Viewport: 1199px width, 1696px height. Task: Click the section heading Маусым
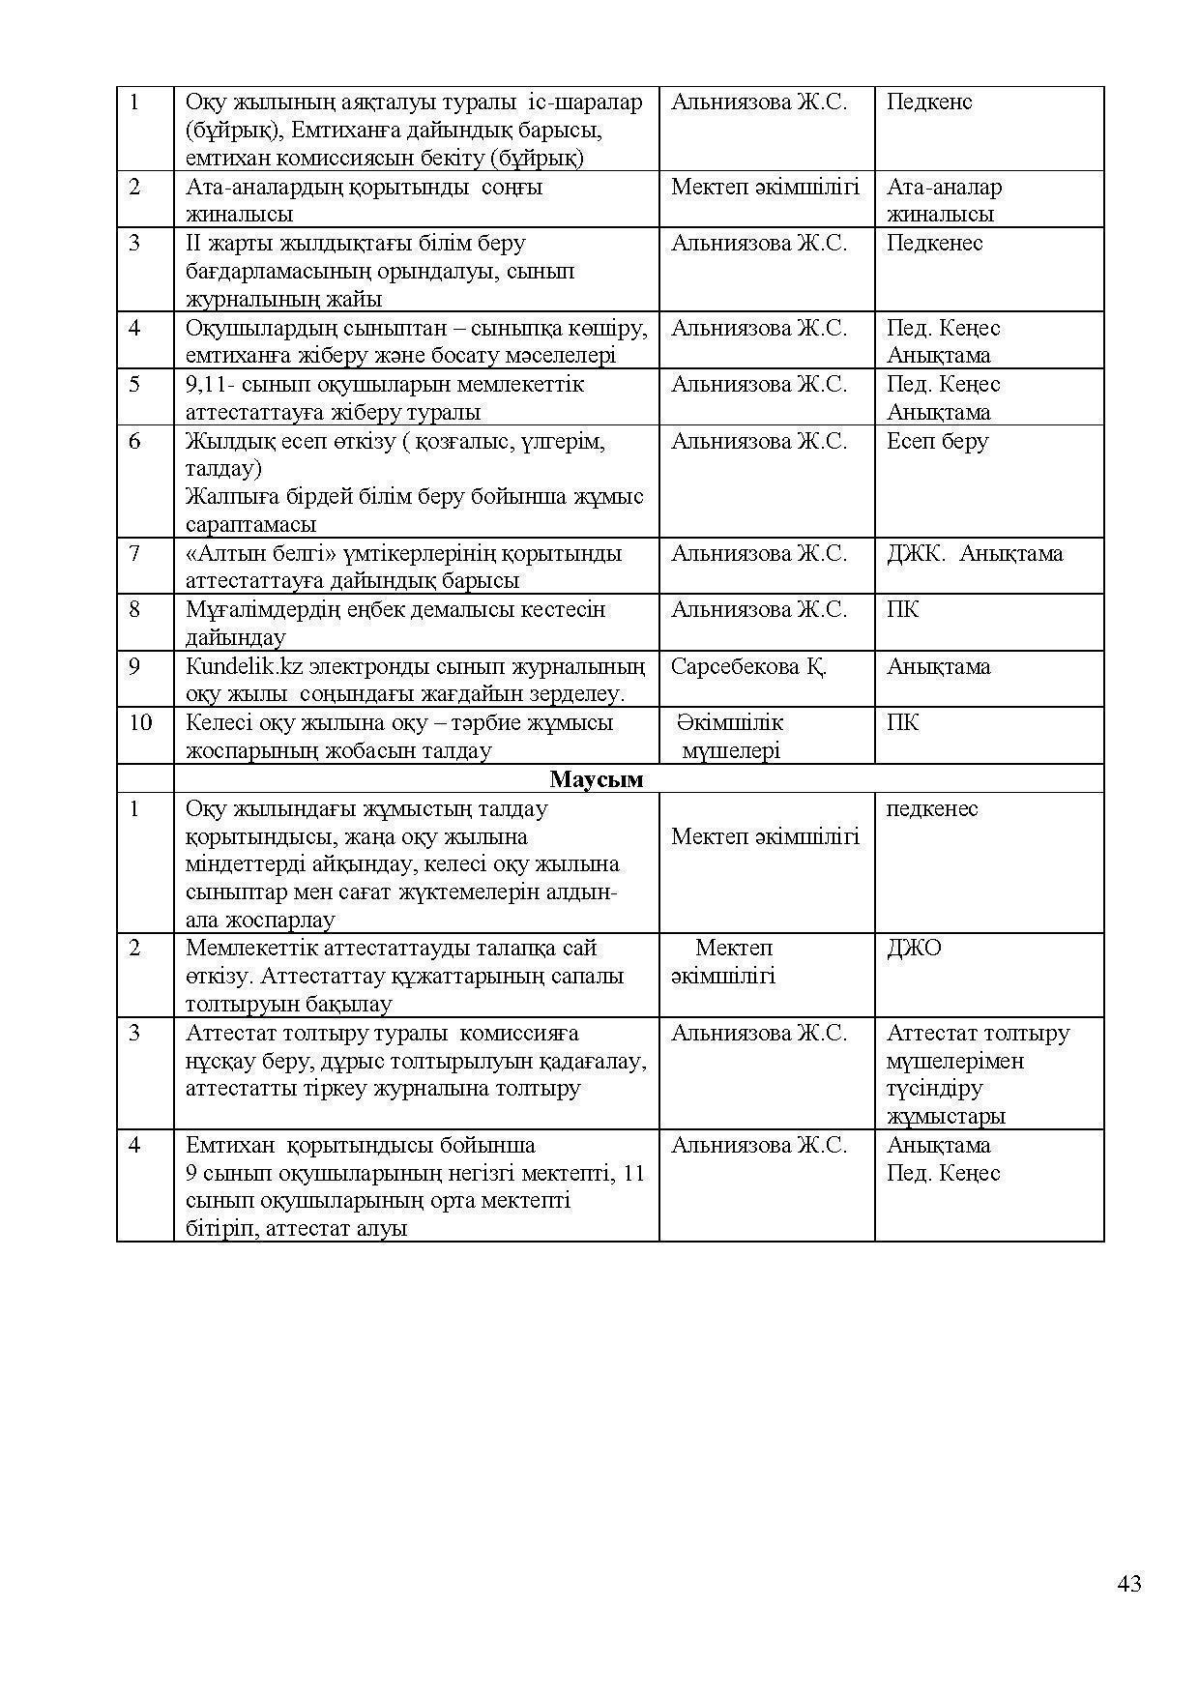(597, 778)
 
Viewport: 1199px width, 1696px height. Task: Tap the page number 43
(1128, 1583)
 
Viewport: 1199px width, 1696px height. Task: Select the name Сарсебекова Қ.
(748, 666)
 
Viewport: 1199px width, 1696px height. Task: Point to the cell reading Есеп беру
(937, 441)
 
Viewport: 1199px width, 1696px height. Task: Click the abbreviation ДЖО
(914, 948)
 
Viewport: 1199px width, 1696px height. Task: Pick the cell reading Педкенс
(929, 102)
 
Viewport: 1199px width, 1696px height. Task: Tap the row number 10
(140, 722)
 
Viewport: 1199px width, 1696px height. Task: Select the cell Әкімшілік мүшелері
(730, 736)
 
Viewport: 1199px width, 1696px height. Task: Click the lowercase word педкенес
(932, 808)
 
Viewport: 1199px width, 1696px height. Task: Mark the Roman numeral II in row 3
(191, 243)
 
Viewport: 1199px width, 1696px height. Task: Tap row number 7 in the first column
(134, 553)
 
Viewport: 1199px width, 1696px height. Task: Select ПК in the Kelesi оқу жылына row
(902, 722)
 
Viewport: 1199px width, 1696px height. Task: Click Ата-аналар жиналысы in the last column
(944, 200)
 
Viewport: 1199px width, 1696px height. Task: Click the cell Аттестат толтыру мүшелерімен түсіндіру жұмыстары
(978, 1073)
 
